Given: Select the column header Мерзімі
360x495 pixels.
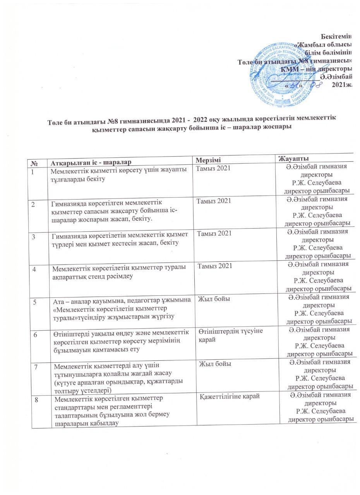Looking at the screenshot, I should click(209, 160).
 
